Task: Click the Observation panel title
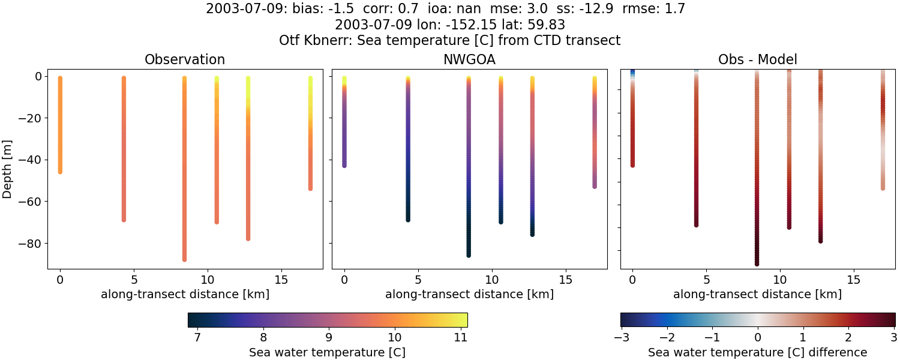pyautogui.click(x=185, y=60)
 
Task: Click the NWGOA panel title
pyautogui.click(x=469, y=60)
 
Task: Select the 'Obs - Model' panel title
pyautogui.click(x=757, y=60)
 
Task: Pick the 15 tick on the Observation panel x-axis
pyautogui.click(x=281, y=280)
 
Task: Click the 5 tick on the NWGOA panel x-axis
pyautogui.click(x=418, y=280)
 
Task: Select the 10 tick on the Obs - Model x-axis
pyautogui.click(x=780, y=280)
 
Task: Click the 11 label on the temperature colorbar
pyautogui.click(x=460, y=337)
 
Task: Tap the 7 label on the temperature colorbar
pyautogui.click(x=197, y=337)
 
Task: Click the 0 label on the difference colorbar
pyautogui.click(x=758, y=337)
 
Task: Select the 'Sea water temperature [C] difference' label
pyautogui.click(x=757, y=353)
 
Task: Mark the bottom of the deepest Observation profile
pyautogui.click(x=184, y=259)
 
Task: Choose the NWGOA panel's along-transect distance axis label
pyautogui.click(x=469, y=295)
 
